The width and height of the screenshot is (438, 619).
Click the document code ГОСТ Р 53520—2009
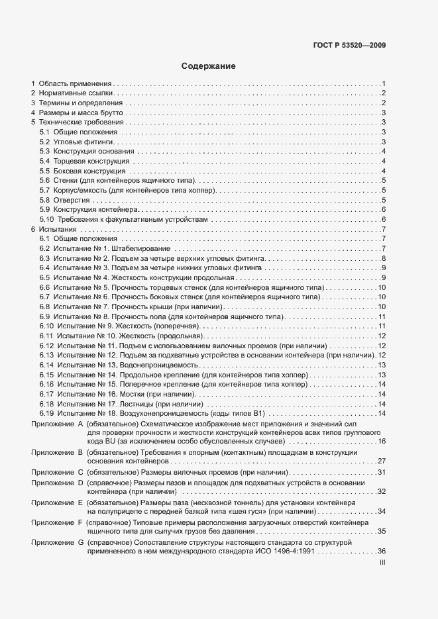[x=349, y=46]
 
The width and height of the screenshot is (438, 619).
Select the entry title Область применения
[x=75, y=84]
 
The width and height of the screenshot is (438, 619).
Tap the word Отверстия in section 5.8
[x=71, y=200]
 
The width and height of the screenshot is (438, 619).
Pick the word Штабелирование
[x=140, y=248]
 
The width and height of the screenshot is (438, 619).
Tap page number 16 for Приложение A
[x=382, y=442]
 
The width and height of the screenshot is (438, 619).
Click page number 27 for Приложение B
[x=382, y=461]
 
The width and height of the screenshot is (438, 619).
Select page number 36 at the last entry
[x=382, y=551]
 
